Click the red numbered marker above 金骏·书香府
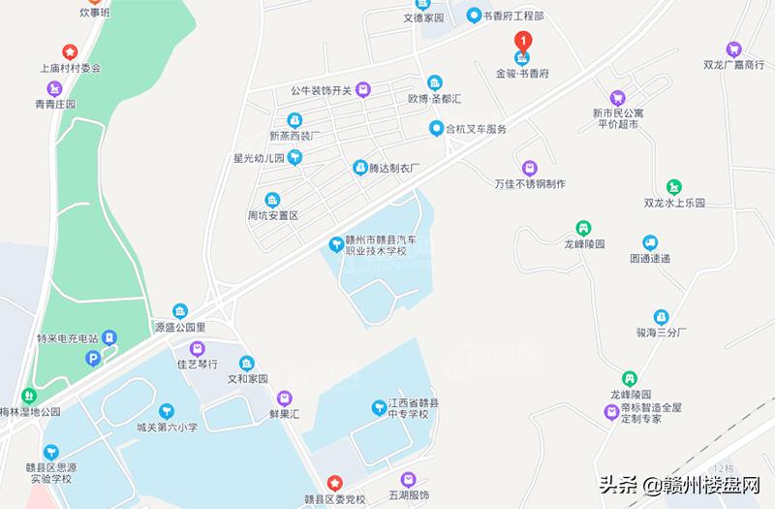[x=523, y=42]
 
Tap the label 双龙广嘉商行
[x=734, y=66]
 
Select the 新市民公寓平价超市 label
[x=618, y=118]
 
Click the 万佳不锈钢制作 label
[x=529, y=183]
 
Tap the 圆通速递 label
[x=650, y=259]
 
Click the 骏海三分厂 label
[x=661, y=332]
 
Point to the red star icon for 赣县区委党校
[x=333, y=482]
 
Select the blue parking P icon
[x=94, y=359]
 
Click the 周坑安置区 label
[x=272, y=214]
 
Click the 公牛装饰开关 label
[x=320, y=91]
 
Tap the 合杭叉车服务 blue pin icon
[x=438, y=128]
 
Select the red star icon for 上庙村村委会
[x=70, y=51]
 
